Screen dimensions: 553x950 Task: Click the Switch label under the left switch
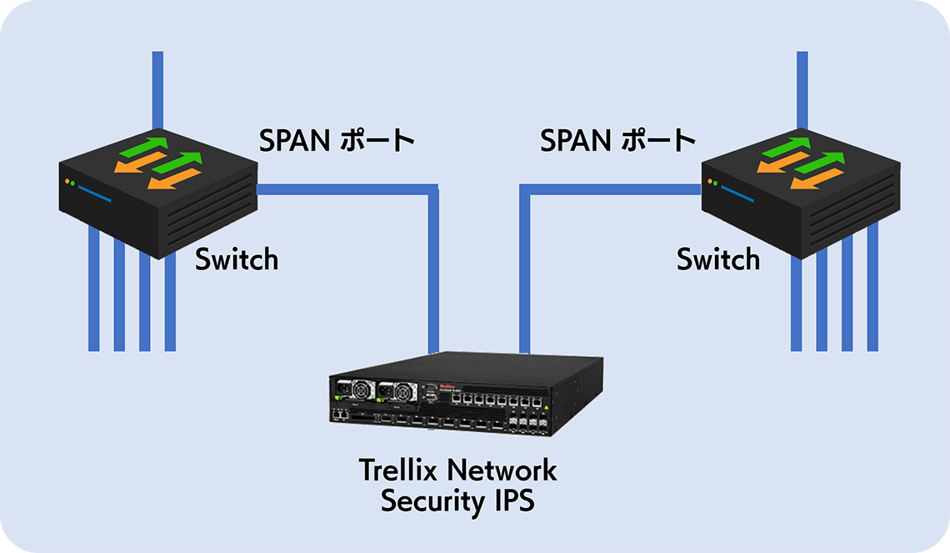(237, 259)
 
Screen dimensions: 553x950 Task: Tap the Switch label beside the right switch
(717, 259)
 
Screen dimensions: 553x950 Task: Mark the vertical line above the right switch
(802, 83)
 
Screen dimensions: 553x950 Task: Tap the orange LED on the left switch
(65, 180)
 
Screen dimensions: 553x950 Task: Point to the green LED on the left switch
(73, 183)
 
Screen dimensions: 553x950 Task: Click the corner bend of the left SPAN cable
(432, 190)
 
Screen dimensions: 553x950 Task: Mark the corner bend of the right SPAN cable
(525, 190)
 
